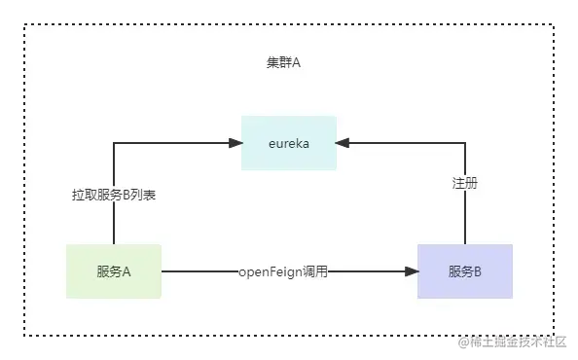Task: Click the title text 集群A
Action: [x=283, y=62]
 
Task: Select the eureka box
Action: [x=289, y=143]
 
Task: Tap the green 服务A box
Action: [x=114, y=271]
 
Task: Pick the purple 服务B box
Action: [x=464, y=271]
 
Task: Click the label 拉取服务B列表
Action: [x=114, y=195]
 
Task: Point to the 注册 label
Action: [x=464, y=182]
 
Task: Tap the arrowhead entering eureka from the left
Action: [x=235, y=143]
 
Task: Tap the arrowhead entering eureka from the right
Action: [x=343, y=143]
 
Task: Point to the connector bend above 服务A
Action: [x=114, y=143]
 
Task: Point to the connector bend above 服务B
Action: [x=464, y=143]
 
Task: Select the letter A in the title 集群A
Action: [x=296, y=62]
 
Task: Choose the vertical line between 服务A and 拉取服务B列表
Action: [x=114, y=226]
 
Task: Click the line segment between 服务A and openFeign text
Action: [x=199, y=271]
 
